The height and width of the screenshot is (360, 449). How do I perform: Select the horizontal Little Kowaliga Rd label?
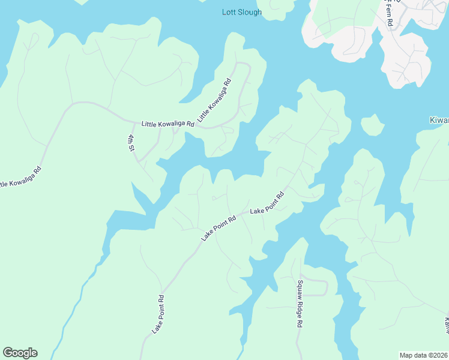[168, 124]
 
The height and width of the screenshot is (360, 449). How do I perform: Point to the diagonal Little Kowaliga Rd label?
[214, 97]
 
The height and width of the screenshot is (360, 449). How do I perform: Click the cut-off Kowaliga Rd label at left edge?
[22, 178]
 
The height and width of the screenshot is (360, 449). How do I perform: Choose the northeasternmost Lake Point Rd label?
[267, 204]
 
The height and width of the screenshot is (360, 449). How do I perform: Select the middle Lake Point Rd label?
[218, 229]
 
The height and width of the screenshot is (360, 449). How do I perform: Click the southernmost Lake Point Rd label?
[158, 314]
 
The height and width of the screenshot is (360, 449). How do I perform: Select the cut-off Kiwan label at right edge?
[439, 120]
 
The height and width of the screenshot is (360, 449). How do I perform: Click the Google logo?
[20, 353]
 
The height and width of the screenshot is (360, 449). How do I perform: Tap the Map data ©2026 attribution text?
[423, 355]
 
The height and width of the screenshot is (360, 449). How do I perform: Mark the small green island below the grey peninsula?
[373, 125]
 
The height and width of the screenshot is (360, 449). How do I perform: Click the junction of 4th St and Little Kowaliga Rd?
[130, 121]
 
